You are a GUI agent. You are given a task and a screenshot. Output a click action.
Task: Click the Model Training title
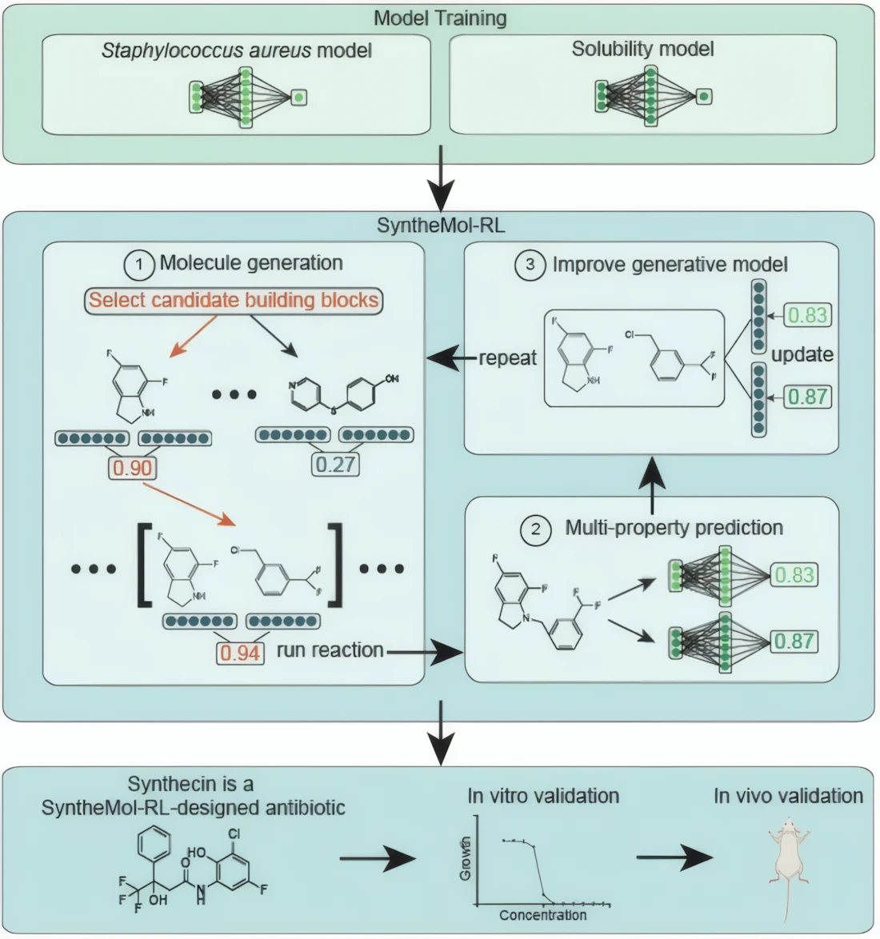(x=440, y=18)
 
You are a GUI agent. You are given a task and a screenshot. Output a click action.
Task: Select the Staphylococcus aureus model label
(x=237, y=50)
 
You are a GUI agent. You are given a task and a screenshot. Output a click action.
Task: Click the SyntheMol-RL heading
(x=440, y=225)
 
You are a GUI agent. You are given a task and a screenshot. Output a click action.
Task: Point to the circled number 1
(x=139, y=264)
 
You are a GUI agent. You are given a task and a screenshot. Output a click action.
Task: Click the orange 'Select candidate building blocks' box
(x=234, y=300)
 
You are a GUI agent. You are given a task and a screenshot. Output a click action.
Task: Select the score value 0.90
(x=132, y=467)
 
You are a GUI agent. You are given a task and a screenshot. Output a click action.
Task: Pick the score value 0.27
(x=335, y=464)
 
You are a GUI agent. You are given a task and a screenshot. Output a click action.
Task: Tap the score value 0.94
(x=240, y=653)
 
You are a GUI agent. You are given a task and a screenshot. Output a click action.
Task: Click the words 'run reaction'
(x=330, y=650)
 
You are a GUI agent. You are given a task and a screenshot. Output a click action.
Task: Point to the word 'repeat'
(x=507, y=358)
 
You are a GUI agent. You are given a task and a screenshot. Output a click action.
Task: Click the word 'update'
(x=802, y=354)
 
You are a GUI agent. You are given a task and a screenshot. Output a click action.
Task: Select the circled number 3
(x=529, y=266)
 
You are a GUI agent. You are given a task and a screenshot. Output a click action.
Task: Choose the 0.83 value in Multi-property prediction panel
(x=794, y=574)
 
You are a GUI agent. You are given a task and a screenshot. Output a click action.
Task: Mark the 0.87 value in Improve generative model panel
(x=807, y=396)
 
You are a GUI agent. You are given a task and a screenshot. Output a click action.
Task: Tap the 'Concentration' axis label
(x=542, y=914)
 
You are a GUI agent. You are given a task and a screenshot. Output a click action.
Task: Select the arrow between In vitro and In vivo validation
(x=674, y=858)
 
